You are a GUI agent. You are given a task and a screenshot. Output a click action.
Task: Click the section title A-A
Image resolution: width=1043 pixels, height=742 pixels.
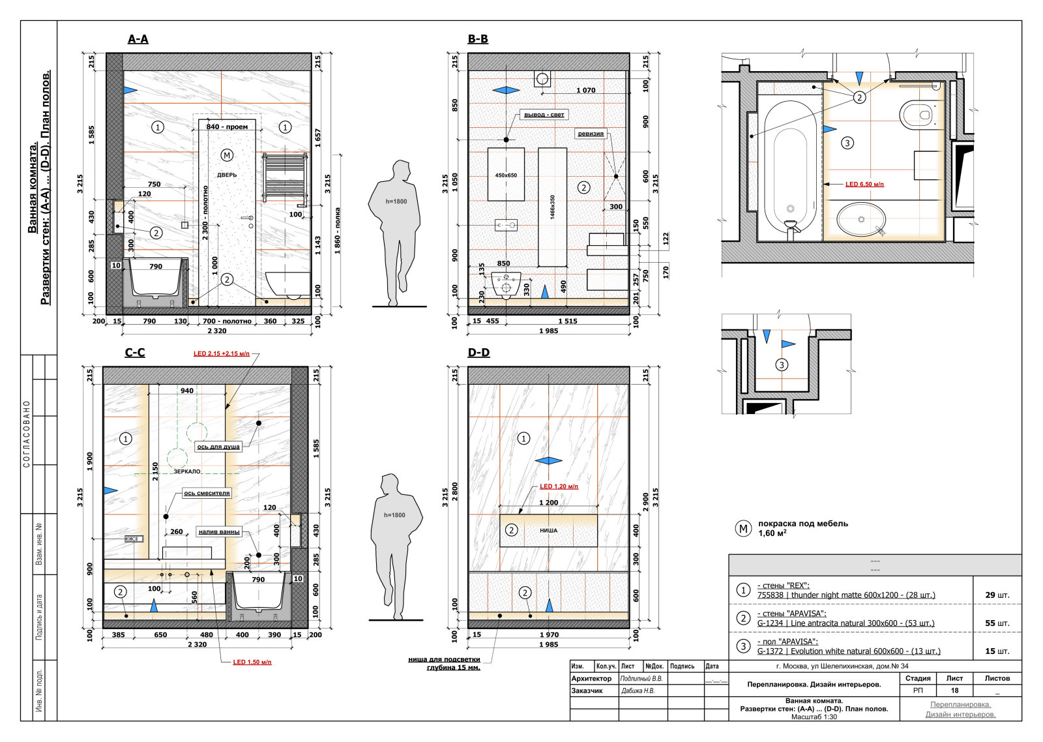pos(138,39)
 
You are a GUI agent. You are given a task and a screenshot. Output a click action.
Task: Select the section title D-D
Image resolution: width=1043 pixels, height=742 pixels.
pos(478,353)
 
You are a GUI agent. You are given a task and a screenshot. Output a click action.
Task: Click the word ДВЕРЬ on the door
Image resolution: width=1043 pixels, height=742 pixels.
pos(227,175)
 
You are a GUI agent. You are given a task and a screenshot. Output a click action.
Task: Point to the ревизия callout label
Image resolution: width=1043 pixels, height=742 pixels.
pos(591,134)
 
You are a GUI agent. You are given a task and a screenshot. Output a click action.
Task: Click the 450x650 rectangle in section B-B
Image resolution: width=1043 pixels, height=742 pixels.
pos(506,174)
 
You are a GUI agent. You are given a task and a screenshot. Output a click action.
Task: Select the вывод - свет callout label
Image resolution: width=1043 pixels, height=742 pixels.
pos(544,115)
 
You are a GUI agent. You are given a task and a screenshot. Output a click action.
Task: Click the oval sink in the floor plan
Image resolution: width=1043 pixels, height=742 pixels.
pos(861,219)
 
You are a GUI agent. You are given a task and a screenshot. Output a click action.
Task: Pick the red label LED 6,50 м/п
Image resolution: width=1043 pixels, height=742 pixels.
pos(864,185)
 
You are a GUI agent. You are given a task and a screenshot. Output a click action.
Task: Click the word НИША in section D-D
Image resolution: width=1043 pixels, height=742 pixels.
pos(548,530)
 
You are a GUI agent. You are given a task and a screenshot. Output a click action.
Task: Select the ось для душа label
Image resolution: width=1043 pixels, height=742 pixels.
pos(218,447)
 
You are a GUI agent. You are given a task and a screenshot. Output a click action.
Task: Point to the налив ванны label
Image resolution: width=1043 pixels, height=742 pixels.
pos(219,531)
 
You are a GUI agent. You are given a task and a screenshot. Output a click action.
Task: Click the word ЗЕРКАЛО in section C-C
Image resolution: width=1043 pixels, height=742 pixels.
pos(187,471)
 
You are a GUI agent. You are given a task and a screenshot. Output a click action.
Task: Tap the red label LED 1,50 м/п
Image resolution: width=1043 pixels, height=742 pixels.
pos(252,662)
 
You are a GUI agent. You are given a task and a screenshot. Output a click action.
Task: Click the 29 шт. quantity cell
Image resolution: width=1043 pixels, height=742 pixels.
pos(997,595)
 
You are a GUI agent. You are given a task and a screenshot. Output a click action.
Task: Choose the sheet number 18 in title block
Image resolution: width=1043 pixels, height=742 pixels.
pos(954,690)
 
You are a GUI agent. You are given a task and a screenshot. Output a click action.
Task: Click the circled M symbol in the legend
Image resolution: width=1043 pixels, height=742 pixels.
pos(743,528)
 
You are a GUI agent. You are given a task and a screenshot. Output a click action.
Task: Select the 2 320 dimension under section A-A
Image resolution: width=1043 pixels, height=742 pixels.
pos(217,331)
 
